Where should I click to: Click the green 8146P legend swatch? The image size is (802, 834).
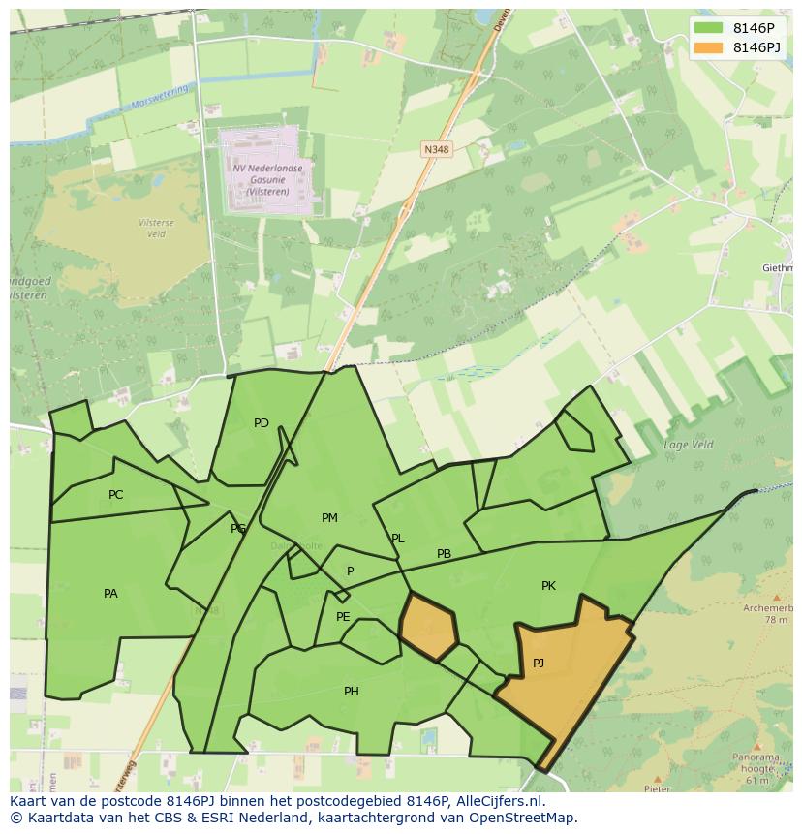click(x=708, y=28)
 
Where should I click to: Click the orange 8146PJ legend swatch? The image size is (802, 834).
click(x=708, y=47)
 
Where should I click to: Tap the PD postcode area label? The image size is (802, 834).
click(x=262, y=423)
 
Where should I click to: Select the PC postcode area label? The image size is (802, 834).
click(x=116, y=495)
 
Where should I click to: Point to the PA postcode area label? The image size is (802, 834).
click(x=110, y=594)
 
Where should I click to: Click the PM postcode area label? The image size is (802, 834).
click(x=329, y=518)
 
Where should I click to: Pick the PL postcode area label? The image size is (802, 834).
click(x=397, y=539)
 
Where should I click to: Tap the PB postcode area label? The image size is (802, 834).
click(x=444, y=555)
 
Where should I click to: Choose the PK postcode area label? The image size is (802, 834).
click(x=548, y=586)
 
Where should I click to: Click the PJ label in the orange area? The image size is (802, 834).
click(x=539, y=664)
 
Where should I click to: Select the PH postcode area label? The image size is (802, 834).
click(x=352, y=692)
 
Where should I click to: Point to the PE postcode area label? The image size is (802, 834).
click(x=343, y=617)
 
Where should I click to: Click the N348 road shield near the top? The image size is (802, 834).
click(x=436, y=148)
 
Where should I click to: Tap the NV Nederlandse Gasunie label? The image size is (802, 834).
click(x=267, y=179)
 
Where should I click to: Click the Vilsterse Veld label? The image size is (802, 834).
click(x=157, y=229)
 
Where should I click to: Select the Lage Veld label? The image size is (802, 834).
click(x=688, y=446)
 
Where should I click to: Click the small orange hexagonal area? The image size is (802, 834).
click(x=428, y=628)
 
